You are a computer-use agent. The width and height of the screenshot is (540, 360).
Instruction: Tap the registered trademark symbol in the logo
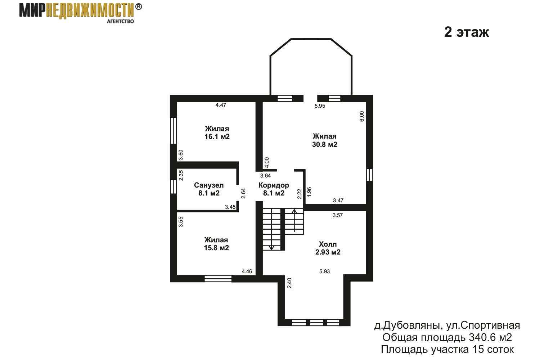pos(138,7)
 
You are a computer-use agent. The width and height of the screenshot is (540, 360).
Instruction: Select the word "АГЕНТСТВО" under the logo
pos(120,21)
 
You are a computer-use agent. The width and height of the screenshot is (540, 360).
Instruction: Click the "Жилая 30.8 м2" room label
pos(324,140)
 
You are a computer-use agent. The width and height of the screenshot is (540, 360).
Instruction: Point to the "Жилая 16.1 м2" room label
pos(217,132)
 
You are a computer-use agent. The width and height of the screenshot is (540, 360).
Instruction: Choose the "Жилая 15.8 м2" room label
pos(216,244)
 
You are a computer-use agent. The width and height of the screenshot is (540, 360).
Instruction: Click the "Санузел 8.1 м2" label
pos(209,189)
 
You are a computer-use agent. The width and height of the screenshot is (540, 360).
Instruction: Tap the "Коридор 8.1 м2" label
pos(274,189)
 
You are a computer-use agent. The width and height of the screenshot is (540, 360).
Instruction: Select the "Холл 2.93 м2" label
pos(328,248)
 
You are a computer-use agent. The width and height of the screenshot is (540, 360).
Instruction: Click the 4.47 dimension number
pos(221,105)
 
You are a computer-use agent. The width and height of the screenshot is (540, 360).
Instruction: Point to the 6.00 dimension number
pos(362,116)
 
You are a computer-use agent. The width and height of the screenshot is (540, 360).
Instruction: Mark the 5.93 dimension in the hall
pos(324,271)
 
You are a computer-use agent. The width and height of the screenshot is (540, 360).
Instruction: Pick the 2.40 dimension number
pos(289,283)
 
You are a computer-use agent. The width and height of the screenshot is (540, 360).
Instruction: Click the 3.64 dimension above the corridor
pos(265,176)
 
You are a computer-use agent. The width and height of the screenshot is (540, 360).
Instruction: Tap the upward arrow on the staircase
pos(294,220)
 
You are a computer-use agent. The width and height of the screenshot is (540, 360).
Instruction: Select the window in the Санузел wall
pos(173,186)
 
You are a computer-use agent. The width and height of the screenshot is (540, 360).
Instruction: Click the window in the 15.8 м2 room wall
pos(218,279)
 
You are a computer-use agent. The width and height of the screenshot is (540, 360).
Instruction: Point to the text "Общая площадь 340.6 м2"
pos(447,337)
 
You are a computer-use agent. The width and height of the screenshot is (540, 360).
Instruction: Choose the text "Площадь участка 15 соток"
pos(447,349)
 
